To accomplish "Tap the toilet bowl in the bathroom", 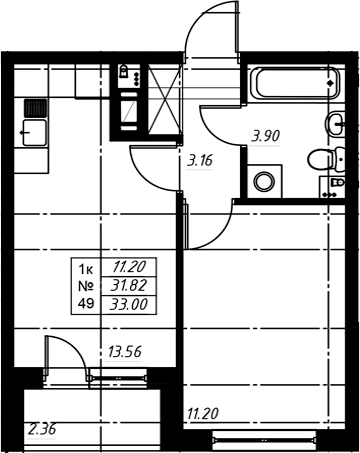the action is [x=326, y=159].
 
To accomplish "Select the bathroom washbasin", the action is [x=335, y=124].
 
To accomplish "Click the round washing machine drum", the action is [x=264, y=181].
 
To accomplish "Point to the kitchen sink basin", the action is [x=34, y=133].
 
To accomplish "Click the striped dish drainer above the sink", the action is [x=35, y=108].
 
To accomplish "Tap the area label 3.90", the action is [x=266, y=136].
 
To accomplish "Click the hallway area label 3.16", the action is [x=200, y=161].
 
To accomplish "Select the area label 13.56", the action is [x=124, y=352].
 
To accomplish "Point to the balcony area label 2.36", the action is [x=42, y=429].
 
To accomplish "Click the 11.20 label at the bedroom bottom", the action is [x=203, y=414].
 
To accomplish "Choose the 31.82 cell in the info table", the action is [x=129, y=286].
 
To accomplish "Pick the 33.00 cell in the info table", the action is [x=129, y=304].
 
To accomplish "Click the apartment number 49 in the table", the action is [x=86, y=303].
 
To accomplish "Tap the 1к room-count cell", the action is [x=86, y=269].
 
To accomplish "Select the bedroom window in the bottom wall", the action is [x=264, y=440].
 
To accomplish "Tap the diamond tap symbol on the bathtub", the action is [x=331, y=83].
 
